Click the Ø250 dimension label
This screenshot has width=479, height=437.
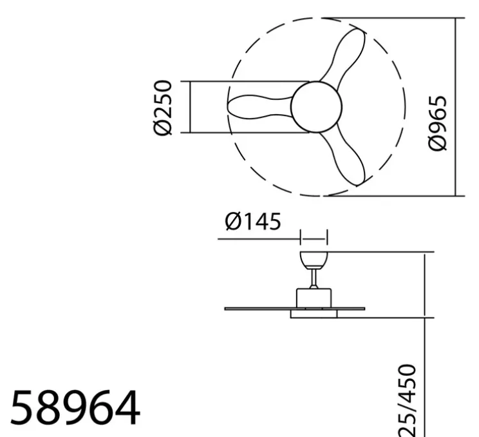(164, 108)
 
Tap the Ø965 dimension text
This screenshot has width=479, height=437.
(437, 123)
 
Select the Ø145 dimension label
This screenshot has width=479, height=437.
(252, 222)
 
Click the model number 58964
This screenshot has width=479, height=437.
(75, 407)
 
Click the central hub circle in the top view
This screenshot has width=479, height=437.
(316, 106)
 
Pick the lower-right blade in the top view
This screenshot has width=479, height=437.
(348, 158)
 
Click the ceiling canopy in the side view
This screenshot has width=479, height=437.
(314, 259)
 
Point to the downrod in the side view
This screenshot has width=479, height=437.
(314, 278)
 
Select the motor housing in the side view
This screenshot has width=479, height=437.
(314, 297)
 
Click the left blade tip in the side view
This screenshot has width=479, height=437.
(228, 309)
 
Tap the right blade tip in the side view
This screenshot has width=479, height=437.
(362, 308)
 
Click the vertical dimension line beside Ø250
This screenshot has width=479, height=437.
(191, 107)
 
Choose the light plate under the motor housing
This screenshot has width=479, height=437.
(314, 315)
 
